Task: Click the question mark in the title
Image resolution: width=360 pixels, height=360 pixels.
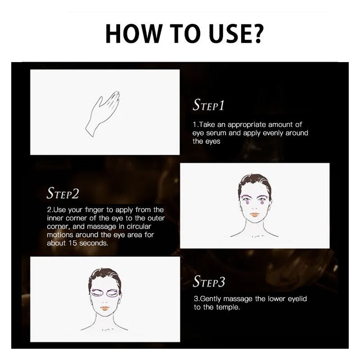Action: [257, 33]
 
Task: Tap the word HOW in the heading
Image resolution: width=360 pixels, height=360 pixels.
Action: [134, 33]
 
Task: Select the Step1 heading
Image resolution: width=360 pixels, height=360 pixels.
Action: [208, 105]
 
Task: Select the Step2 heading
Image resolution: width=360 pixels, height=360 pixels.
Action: [63, 193]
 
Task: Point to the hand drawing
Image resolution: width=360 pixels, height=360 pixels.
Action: [103, 114]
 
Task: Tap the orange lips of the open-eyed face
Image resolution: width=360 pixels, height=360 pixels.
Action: [255, 215]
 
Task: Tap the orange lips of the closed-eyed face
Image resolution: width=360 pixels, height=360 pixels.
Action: [105, 308]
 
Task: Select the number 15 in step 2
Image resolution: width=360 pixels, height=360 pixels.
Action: [72, 243]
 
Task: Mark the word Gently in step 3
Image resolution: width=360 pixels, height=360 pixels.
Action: [211, 299]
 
